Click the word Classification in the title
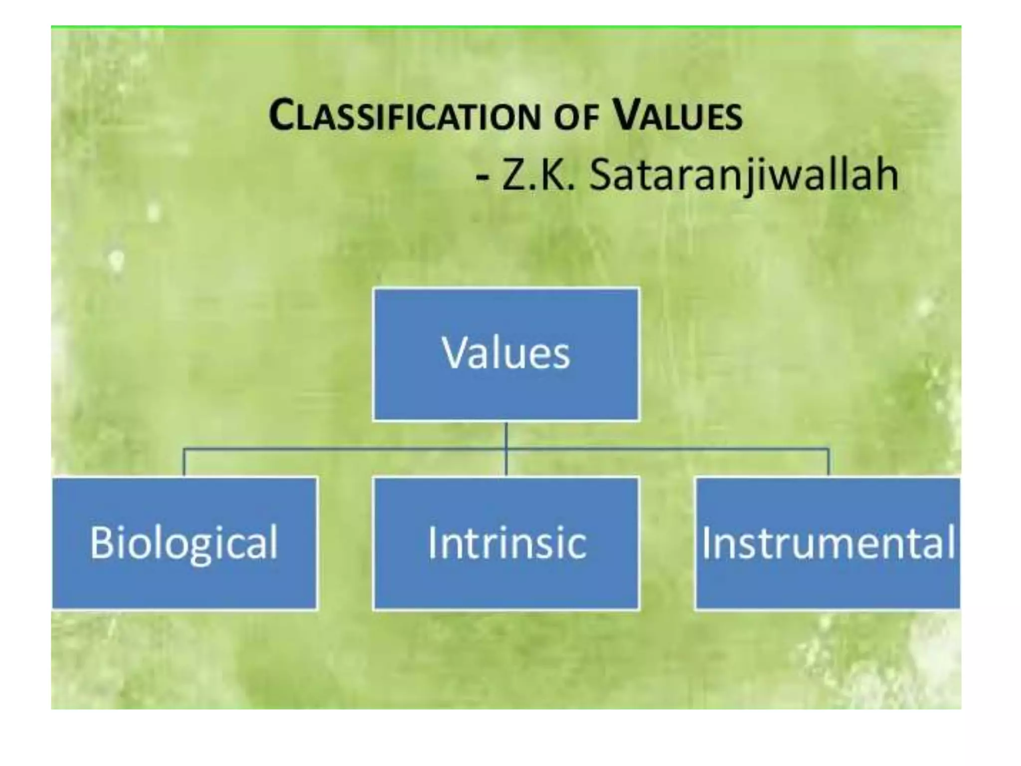click(404, 116)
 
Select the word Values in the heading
click(678, 116)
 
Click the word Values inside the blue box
click(506, 353)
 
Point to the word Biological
click(184, 543)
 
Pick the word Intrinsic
click(507, 543)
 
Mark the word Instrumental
click(828, 543)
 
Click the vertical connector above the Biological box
click(184, 463)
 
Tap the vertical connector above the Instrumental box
click(829, 463)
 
